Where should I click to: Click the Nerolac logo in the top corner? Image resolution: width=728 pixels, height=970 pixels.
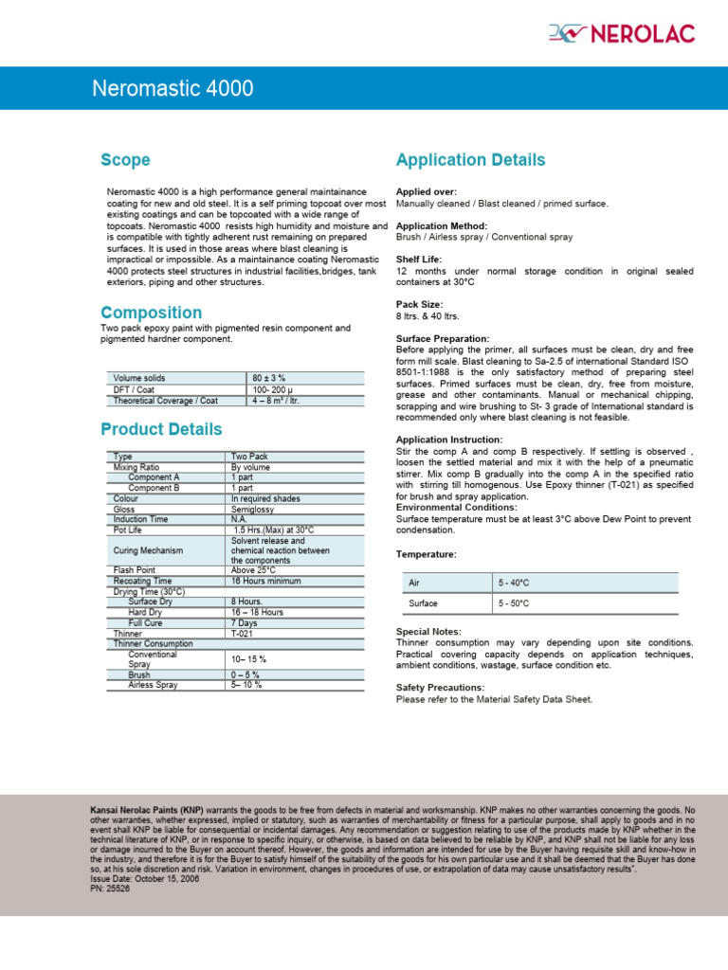click(621, 35)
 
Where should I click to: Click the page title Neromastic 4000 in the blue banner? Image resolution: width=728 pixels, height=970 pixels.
click(173, 89)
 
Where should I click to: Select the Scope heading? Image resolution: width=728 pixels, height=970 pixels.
click(125, 160)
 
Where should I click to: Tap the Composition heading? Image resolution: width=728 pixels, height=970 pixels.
click(151, 313)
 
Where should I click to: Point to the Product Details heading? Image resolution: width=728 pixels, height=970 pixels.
click(161, 429)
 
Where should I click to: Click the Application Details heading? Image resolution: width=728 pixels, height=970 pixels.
click(470, 160)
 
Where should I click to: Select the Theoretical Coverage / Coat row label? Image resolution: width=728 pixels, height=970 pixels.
click(165, 401)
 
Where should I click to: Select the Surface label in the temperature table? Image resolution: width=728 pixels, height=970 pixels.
click(423, 603)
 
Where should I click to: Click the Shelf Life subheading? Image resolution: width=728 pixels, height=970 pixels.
click(418, 260)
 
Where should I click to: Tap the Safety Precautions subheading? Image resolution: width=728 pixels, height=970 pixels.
click(440, 688)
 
